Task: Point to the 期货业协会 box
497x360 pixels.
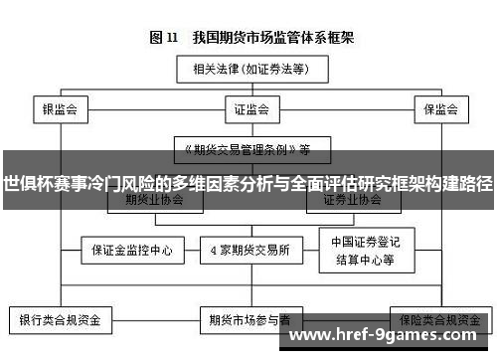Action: (x=149, y=200)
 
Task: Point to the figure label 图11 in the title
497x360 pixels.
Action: (x=163, y=38)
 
